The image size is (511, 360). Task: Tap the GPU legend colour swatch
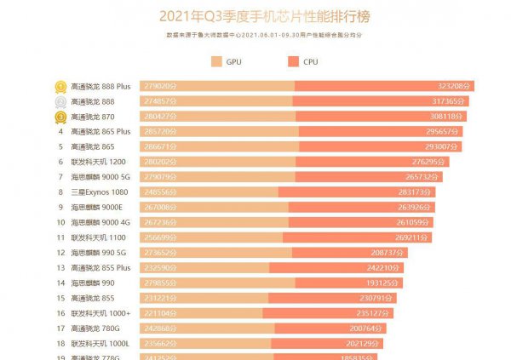[215, 61]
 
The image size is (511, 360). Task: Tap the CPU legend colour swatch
[294, 61]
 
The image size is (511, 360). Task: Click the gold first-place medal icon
[61, 86]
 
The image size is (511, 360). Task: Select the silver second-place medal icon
[61, 101]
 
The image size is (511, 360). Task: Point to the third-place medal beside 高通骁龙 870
[61, 117]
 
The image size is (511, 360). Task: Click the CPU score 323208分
[455, 86]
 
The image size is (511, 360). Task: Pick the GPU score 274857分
[161, 101]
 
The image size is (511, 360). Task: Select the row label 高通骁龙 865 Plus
[100, 132]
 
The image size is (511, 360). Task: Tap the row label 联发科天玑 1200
[98, 162]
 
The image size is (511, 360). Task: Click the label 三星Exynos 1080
[98, 192]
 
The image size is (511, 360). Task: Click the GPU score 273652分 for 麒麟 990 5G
[161, 253]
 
